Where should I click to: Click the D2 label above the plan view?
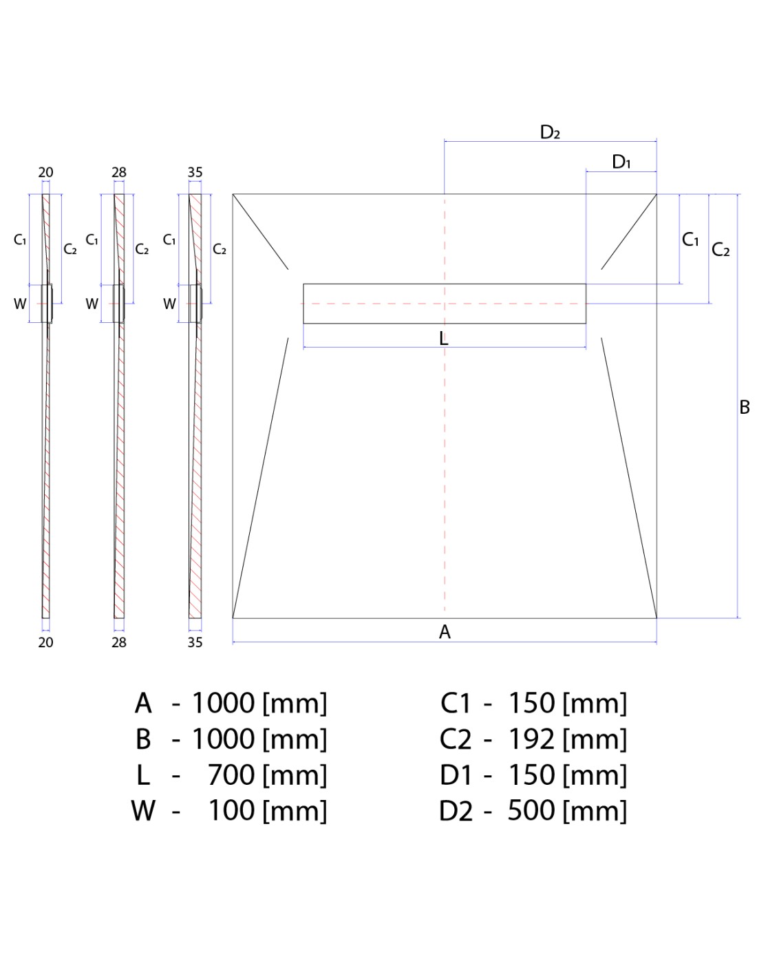click(550, 132)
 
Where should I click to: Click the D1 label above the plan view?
click(621, 162)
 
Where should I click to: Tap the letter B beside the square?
click(745, 408)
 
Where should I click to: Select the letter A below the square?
click(445, 632)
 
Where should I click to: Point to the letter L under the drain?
click(444, 339)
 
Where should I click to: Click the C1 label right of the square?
click(690, 240)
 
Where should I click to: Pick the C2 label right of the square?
click(721, 250)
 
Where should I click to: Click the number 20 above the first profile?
click(45, 173)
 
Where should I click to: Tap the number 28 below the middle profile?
click(119, 642)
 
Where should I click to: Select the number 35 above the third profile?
click(195, 173)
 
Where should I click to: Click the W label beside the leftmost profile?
click(20, 304)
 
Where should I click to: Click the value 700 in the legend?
click(231, 775)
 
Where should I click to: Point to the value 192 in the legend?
click(531, 739)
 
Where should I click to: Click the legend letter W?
click(143, 811)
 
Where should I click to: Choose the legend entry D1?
click(456, 775)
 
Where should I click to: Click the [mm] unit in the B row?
click(295, 740)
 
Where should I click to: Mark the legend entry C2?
click(456, 740)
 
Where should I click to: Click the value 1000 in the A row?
click(224, 704)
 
